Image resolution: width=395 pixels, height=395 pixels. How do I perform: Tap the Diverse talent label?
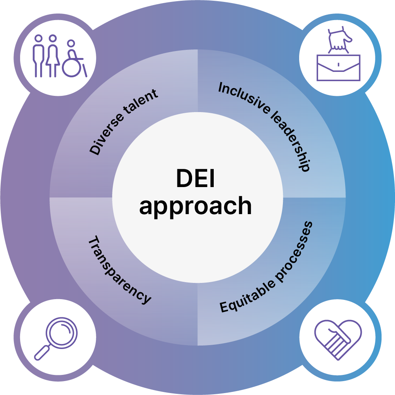124,122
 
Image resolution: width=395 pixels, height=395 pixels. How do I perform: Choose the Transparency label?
120,271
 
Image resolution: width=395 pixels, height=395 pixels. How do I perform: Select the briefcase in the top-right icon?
338,68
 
